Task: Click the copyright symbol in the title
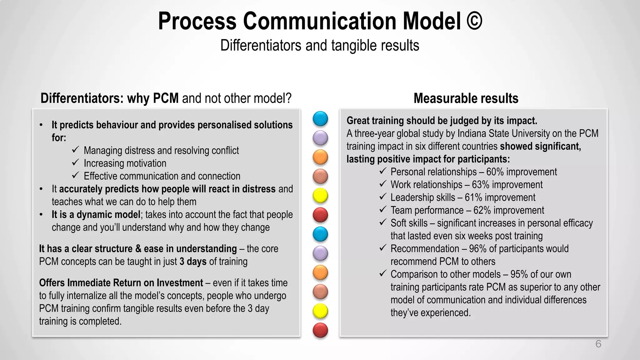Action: (x=474, y=21)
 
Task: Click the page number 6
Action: (x=598, y=344)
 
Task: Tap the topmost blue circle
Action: (x=320, y=119)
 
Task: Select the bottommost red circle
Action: (x=320, y=330)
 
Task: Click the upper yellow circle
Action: (x=320, y=196)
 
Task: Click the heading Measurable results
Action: (x=466, y=98)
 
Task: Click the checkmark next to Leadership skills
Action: (x=383, y=197)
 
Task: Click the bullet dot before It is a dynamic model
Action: (x=41, y=215)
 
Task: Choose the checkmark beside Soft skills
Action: (x=383, y=222)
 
